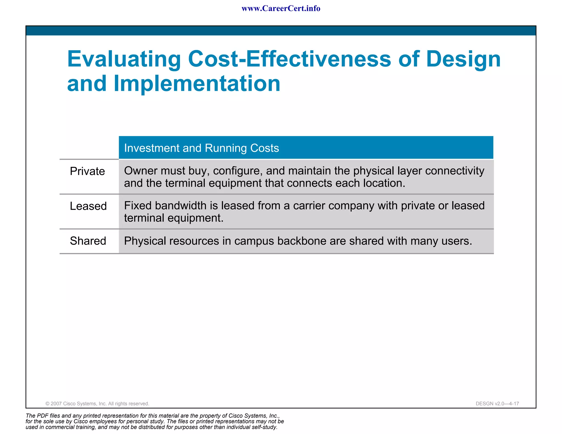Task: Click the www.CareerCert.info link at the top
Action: [281, 9]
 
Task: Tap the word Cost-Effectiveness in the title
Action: [289, 59]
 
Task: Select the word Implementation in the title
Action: [197, 83]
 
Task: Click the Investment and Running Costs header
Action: [201, 148]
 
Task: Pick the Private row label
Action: [87, 171]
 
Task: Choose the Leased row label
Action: [88, 206]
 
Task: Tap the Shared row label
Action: [88, 241]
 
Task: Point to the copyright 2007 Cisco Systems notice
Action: [97, 404]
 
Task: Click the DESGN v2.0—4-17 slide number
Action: [497, 404]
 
